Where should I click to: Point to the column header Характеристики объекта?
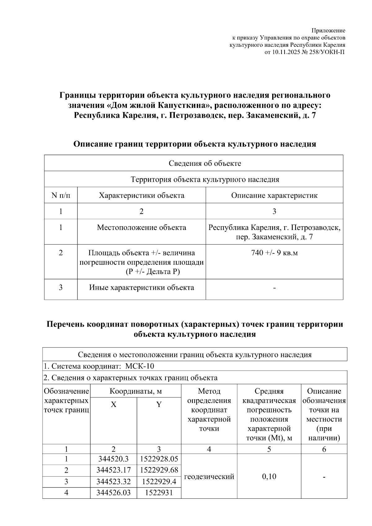tap(141, 195)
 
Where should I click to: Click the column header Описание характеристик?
tap(274, 195)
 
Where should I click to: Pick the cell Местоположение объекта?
tap(141, 228)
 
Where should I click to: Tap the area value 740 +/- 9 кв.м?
tap(274, 253)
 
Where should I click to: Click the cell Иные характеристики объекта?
tap(141, 287)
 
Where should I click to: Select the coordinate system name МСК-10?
tap(139, 366)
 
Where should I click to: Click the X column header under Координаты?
tap(113, 404)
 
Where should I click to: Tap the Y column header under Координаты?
tap(159, 404)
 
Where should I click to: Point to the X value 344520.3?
tap(113, 459)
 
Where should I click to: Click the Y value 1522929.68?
tap(159, 470)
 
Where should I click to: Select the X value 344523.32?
tap(113, 482)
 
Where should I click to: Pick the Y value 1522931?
tap(159, 493)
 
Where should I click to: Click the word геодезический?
tap(209, 476)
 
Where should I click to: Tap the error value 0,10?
tap(269, 476)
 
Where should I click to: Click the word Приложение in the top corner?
tap(328, 30)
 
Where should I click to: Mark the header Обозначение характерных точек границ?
tap(66, 400)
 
